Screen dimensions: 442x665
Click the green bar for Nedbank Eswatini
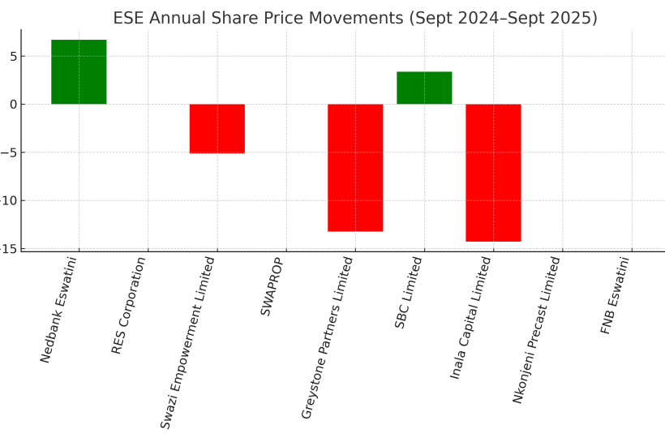click(79, 72)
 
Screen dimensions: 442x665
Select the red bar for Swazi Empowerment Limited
click(217, 128)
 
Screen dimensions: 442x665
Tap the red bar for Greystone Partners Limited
click(355, 168)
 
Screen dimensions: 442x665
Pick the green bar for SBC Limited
click(424, 88)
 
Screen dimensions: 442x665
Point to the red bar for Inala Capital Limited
click(493, 173)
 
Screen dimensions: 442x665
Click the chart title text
click(355, 18)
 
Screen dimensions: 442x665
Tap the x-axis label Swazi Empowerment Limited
click(188, 341)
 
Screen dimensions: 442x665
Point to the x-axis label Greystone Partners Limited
click(327, 337)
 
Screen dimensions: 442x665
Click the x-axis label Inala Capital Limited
click(470, 317)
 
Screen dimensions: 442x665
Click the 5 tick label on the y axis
click(13, 56)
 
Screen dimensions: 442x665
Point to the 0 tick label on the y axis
click(13, 104)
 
